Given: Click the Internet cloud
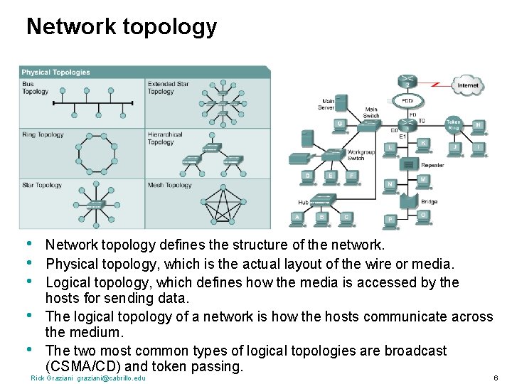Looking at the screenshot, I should coord(467,85).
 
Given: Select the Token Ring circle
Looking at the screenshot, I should coord(453,124).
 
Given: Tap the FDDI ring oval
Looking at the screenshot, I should coord(407,100).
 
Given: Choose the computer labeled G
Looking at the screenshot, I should coord(341,125).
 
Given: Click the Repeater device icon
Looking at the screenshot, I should coord(408,165).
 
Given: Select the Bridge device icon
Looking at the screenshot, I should coord(407,200).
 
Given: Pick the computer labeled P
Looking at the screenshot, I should coord(390,220).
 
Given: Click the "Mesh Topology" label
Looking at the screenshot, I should coord(169,186).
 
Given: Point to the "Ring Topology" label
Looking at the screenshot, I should coord(43,134).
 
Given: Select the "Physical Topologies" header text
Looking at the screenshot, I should coord(55,72).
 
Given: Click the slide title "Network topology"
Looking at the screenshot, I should coord(121,27).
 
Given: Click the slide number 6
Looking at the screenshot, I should coord(495,378).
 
